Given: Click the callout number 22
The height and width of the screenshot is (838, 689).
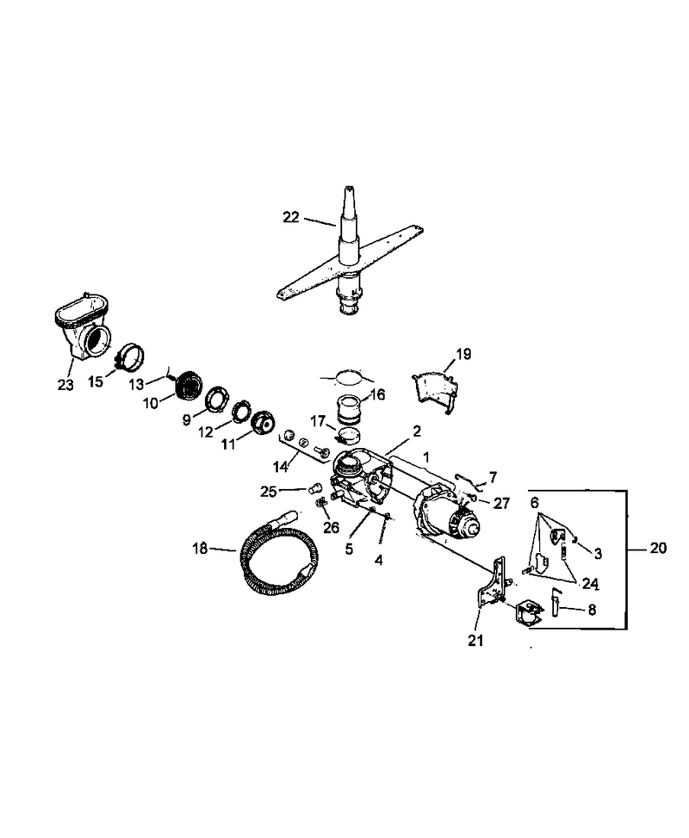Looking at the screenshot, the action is pos(291,218).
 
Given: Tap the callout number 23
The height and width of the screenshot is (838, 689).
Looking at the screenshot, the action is pos(65,385).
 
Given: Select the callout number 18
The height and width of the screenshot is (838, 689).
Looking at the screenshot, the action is pos(199,549).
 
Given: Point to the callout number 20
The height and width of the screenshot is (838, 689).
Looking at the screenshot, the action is pos(658,548).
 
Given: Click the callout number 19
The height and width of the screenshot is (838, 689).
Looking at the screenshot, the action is pos(463,354).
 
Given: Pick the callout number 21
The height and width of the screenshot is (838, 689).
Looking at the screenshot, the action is pos(475,640).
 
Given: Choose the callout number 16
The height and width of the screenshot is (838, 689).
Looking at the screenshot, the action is pos(377,395).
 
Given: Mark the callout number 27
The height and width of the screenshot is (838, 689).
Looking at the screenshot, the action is pos(502,503).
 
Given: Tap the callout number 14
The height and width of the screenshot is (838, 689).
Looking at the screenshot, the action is pos(281,467).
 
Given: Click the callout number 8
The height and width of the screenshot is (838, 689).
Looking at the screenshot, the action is pos(592,610).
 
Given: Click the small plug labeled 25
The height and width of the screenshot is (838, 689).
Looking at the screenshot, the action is pos(316,487).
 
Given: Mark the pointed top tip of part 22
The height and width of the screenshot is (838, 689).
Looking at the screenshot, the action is pos(349,188).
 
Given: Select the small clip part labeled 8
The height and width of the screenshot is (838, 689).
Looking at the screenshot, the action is pos(556,599).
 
